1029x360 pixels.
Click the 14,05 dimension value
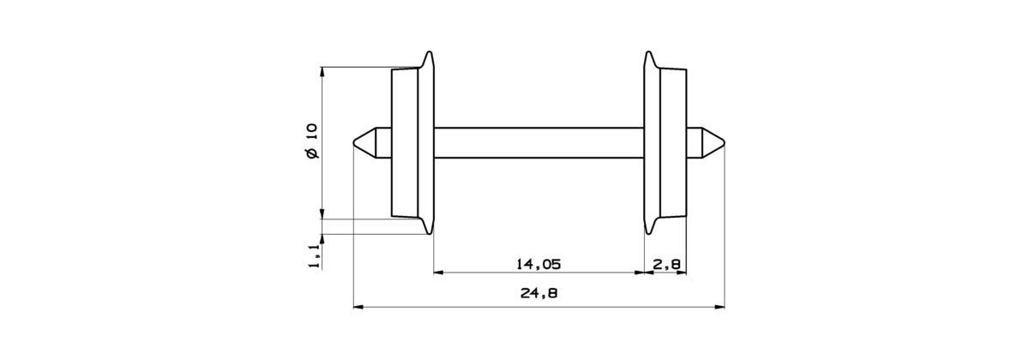tap(539, 264)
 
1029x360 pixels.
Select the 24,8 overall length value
tap(539, 294)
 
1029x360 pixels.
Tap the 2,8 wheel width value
tap(666, 264)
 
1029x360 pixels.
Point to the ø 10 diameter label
tap(310, 141)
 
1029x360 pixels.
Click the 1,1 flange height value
tap(314, 255)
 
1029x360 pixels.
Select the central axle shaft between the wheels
tap(539, 142)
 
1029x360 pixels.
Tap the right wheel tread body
tap(674, 142)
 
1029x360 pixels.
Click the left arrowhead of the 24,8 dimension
tap(359, 304)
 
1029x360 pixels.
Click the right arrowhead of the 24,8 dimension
tap(719, 304)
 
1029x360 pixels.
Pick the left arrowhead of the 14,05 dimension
tap(438, 273)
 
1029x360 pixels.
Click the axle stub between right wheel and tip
tap(695, 142)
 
